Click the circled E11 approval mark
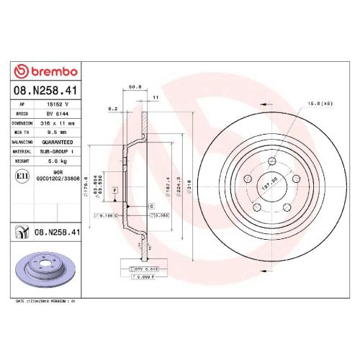tap(22, 175)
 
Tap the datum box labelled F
tap(115, 189)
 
